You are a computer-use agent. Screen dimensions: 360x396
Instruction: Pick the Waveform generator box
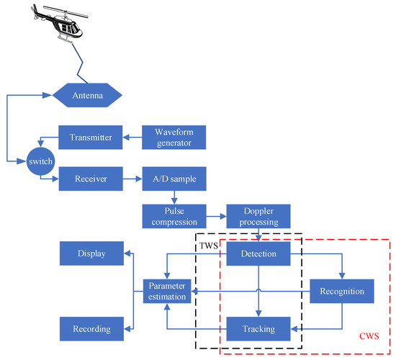pyautogui.click(x=174, y=137)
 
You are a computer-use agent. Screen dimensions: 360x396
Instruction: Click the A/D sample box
pyautogui.click(x=174, y=176)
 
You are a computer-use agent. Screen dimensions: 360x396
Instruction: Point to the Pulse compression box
pyautogui.click(x=174, y=215)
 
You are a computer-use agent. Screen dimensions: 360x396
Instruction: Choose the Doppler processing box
pyautogui.click(x=258, y=215)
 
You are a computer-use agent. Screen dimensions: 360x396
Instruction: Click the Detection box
pyautogui.click(x=258, y=253)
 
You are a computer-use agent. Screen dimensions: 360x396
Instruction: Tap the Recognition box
pyautogui.click(x=343, y=292)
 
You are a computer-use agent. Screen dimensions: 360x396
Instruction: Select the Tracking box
pyautogui.click(x=258, y=328)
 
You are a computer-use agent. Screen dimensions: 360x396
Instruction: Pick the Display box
pyautogui.click(x=91, y=253)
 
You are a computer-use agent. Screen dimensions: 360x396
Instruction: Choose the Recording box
pyautogui.click(x=91, y=328)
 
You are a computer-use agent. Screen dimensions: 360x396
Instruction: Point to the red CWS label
pyautogui.click(x=368, y=336)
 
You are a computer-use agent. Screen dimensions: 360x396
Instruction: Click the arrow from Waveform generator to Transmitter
pyautogui.click(x=129, y=137)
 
